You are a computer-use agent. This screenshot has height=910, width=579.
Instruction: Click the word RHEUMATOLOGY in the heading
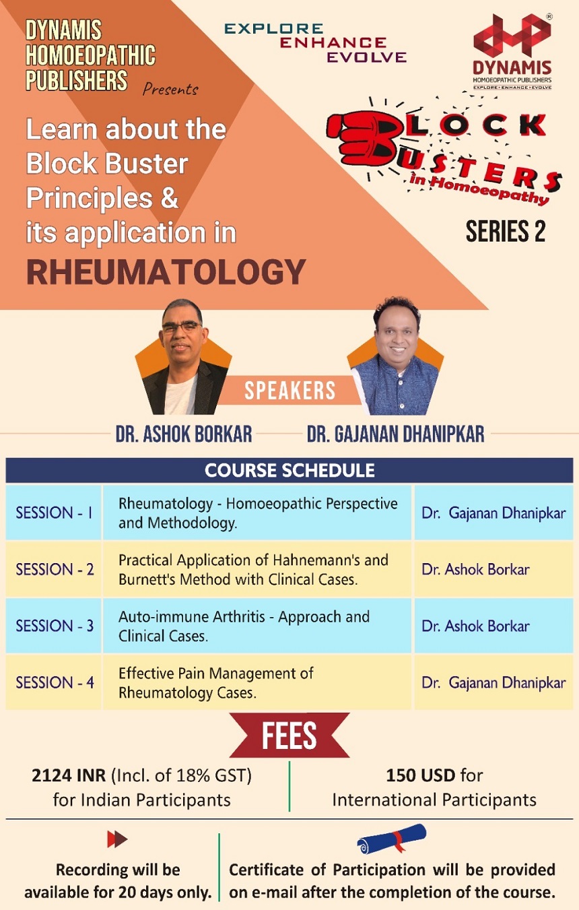point(166,271)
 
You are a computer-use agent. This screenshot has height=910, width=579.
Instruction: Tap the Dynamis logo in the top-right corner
point(512,52)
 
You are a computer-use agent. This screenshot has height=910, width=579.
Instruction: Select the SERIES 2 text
point(506,232)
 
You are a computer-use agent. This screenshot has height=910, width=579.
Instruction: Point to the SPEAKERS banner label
point(289,391)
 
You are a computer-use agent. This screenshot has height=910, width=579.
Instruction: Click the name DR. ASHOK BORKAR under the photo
point(184,434)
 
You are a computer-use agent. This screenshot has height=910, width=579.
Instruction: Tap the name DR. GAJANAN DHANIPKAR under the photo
point(395,434)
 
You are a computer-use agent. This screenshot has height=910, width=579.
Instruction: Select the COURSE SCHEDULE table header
point(289,470)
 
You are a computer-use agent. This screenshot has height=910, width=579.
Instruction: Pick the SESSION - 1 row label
point(54,513)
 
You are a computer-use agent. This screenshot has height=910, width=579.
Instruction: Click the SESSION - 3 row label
point(55,626)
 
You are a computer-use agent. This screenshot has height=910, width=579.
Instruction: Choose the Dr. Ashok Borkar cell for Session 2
point(475,569)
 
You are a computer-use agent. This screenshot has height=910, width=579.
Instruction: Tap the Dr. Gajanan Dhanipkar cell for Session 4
point(493,682)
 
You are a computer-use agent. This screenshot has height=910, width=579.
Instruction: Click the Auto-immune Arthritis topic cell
point(244,626)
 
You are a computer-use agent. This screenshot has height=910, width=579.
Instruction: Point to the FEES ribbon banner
point(289,736)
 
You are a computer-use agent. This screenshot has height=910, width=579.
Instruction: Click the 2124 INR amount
point(69,775)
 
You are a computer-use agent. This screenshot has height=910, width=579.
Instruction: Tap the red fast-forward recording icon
point(117,839)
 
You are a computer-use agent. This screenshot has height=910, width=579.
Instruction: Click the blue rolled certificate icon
point(391,838)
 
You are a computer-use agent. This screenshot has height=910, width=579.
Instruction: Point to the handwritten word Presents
point(170,89)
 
